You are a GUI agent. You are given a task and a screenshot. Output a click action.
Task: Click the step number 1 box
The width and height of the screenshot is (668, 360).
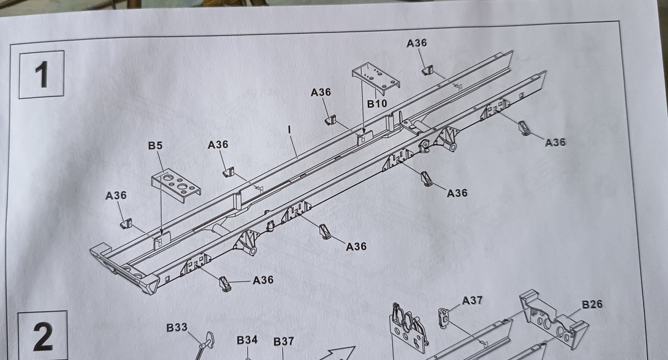pos(41,74)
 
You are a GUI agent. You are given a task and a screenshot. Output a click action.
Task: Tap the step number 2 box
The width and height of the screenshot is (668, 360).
pos(42,336)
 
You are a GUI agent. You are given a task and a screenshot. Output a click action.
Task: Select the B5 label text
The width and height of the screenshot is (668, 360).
pos(155,146)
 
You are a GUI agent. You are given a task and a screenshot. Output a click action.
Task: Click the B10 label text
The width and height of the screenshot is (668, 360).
pos(377,104)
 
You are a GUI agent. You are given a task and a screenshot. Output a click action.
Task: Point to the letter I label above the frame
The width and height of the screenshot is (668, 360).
pos(290,129)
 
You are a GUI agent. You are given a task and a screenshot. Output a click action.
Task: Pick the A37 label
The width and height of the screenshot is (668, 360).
pos(472,300)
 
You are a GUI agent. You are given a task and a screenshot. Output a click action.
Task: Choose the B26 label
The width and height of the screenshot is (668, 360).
pos(592,304)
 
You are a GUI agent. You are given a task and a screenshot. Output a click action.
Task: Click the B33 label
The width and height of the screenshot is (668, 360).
pos(177,327)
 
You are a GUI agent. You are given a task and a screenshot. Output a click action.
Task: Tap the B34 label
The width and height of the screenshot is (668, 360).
pos(247,340)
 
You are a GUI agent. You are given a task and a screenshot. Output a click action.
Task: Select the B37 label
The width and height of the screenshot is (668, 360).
pos(284,342)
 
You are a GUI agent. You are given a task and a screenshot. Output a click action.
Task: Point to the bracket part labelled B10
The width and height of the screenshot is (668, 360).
pos(376,79)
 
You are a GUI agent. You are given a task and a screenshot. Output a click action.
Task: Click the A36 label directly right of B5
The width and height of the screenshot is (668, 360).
pos(218,145)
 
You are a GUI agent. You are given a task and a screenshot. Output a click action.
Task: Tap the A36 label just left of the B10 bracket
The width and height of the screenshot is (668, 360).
pos(321,92)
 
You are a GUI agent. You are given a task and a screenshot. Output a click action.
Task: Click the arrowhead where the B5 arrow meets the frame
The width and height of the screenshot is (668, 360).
pos(161,231)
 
